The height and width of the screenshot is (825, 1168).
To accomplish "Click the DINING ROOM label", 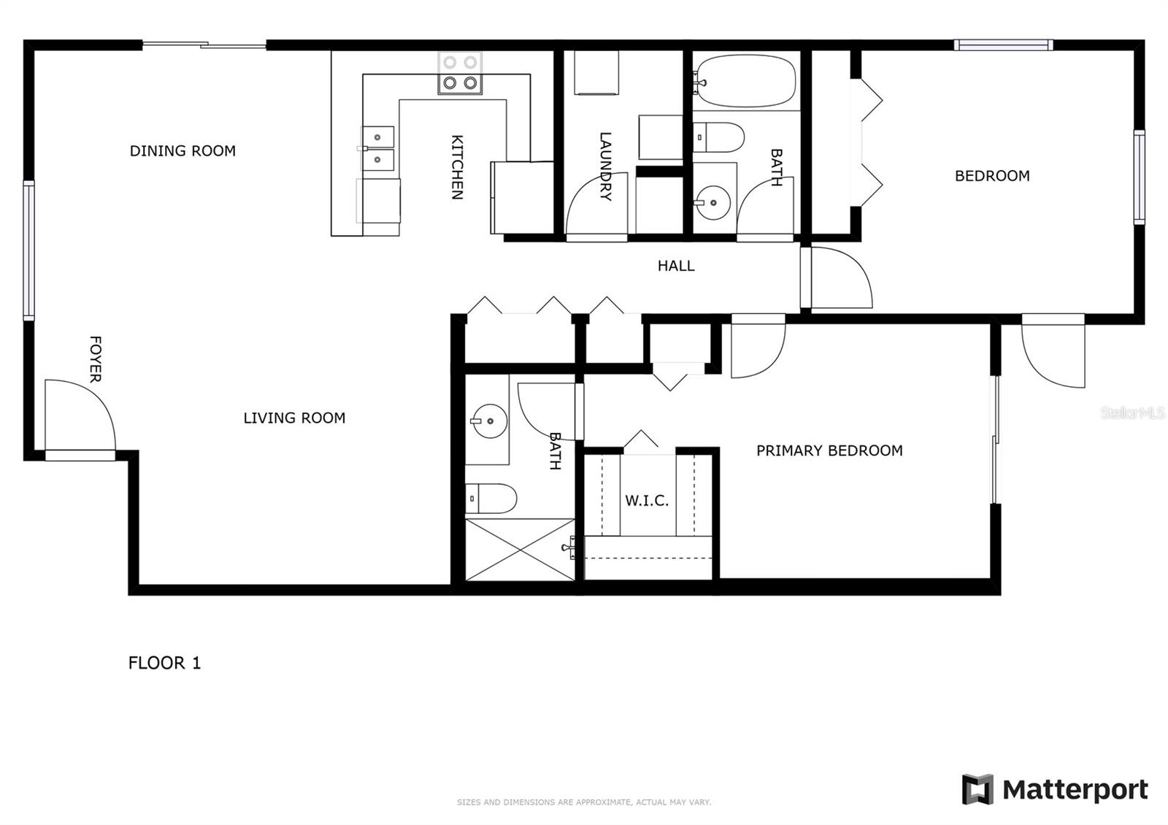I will [x=182, y=151].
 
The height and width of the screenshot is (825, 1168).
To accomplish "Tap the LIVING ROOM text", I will [x=294, y=418].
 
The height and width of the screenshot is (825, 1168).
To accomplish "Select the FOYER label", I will [x=95, y=359].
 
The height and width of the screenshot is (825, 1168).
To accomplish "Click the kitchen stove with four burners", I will [x=460, y=74].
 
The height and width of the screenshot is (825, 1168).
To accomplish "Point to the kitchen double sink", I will [x=379, y=148].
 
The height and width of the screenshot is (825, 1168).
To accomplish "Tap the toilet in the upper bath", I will [x=718, y=137].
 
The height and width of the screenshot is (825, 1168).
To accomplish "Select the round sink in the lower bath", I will [x=488, y=421].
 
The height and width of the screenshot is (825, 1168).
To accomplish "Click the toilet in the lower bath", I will [x=491, y=499].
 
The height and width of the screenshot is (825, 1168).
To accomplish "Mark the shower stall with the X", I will [x=520, y=550].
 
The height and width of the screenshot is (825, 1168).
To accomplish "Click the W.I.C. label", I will [x=647, y=501].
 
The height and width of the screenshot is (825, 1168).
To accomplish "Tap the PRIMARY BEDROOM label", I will [x=829, y=451].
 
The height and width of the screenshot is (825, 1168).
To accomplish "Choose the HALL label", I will [x=676, y=266].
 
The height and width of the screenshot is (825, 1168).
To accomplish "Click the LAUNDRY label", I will [x=605, y=166].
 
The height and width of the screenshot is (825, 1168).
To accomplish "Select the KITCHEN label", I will [x=457, y=167].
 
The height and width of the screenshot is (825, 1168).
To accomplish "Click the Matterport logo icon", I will [x=977, y=789].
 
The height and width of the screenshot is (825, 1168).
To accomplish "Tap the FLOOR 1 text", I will [x=164, y=663].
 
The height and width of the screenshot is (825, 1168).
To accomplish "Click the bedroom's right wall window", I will [x=1139, y=177].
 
